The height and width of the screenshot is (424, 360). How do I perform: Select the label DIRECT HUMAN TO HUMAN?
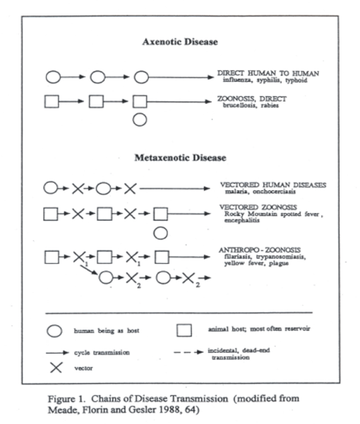[x=263, y=73]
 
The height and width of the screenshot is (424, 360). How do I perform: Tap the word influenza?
[x=236, y=80]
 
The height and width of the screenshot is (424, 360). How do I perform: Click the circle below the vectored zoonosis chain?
[x=162, y=231]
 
